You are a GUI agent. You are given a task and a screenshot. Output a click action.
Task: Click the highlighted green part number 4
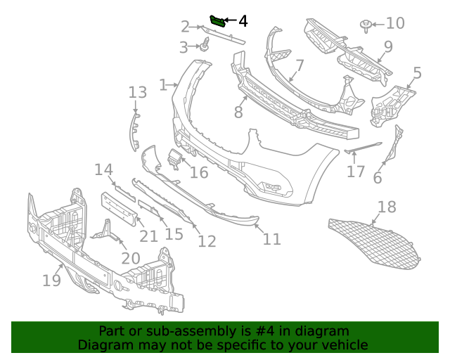click(x=218, y=21)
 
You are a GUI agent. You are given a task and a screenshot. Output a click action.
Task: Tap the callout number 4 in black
click(x=243, y=21)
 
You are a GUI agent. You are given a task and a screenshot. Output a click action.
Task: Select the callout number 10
click(x=395, y=23)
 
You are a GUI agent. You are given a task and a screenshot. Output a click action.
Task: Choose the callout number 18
click(x=387, y=207)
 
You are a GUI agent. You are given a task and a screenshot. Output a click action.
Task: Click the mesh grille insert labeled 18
click(x=373, y=243)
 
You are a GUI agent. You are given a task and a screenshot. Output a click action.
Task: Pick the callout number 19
click(x=51, y=281)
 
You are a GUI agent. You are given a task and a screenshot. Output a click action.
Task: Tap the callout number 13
click(x=137, y=92)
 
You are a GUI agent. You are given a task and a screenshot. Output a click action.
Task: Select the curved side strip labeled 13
click(x=133, y=130)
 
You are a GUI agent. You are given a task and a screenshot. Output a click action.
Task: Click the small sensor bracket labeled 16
click(x=173, y=160)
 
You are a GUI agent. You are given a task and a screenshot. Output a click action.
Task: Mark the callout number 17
click(x=356, y=171)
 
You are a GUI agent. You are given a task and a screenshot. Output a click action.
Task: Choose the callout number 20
click(x=130, y=258)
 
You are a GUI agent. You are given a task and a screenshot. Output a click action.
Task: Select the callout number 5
click(x=417, y=72)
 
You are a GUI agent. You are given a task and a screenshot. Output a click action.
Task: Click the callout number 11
click(x=271, y=238)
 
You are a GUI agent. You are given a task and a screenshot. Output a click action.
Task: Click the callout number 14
click(x=104, y=169)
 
